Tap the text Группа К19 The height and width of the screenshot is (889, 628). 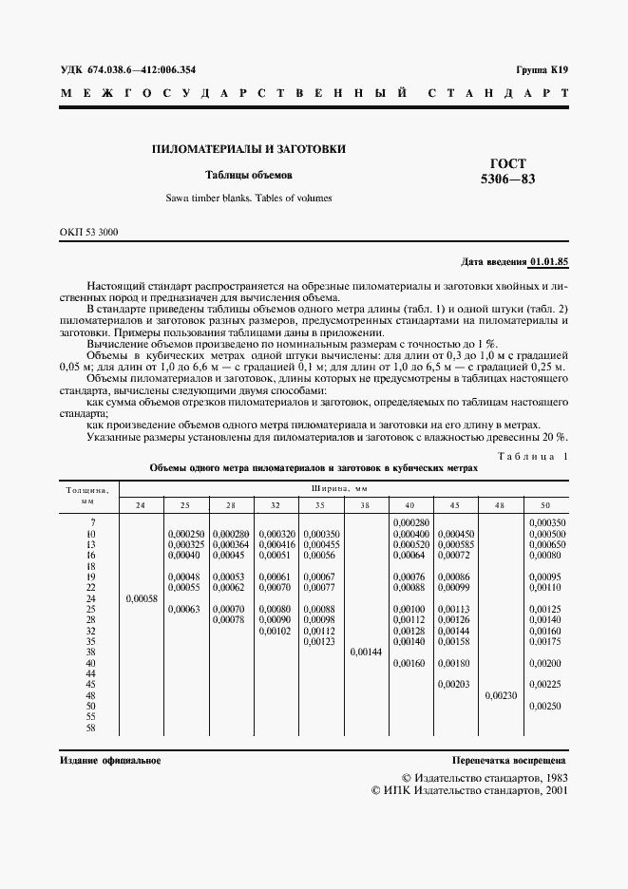tap(542, 70)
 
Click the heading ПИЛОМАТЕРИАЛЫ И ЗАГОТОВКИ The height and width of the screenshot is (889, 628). tap(249, 149)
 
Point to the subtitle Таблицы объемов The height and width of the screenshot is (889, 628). tap(250, 175)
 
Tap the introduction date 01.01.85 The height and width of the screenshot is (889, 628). tap(549, 260)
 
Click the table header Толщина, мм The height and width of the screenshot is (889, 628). tap(87, 494)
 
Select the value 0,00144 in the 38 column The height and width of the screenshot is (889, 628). tap(366, 653)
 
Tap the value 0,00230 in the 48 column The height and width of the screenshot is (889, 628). tap(501, 695)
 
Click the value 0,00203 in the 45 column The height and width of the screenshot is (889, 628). tap(455, 684)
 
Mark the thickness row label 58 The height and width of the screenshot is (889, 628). tap(92, 728)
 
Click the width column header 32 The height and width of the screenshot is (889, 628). tap(276, 503)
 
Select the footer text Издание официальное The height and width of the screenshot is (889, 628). tap(110, 761)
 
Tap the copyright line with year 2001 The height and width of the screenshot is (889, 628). tap(469, 789)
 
